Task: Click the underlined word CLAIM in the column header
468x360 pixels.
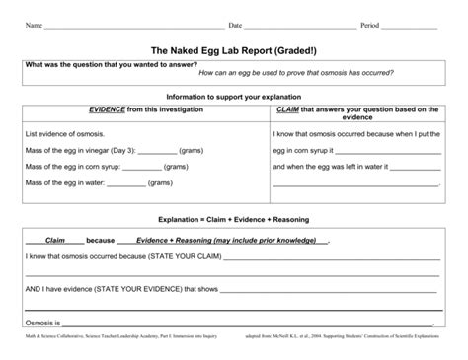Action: pos(289,111)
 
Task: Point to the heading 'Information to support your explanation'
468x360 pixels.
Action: pos(233,97)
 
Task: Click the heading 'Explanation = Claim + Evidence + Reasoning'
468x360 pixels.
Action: pos(233,221)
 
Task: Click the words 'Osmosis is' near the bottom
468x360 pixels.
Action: pos(43,323)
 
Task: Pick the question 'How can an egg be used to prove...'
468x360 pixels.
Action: pos(296,73)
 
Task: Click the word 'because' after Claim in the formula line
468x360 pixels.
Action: pos(101,239)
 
